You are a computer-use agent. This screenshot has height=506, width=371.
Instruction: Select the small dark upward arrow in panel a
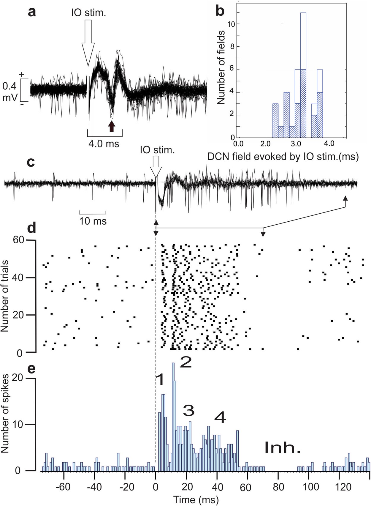pos(111,126)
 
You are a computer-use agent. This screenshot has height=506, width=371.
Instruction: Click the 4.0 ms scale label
pos(104,144)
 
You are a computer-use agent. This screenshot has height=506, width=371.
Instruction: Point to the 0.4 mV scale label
pos(10,92)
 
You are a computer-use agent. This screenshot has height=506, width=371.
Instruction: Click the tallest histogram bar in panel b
pos(303,74)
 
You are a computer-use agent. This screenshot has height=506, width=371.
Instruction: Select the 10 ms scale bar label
pos(93,221)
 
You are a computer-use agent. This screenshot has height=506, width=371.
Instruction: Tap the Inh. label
pos(282,448)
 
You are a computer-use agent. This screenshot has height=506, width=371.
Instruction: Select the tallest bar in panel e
pos(173,416)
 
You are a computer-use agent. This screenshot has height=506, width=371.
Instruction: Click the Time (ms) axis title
pos(196,500)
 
